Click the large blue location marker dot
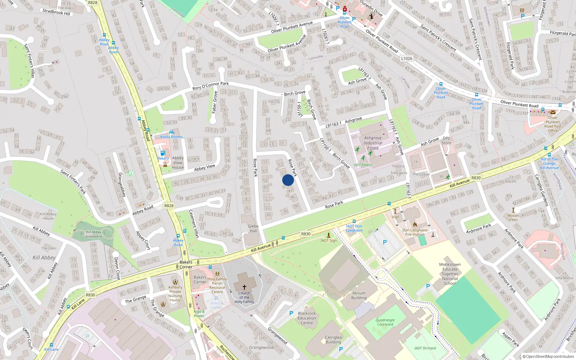coord(288,180)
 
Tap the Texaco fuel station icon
coord(163,153)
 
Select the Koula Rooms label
coord(171,137)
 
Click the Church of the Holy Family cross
coord(244,287)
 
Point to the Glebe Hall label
coord(253,229)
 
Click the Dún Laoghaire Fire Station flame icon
coord(415,225)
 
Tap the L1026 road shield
coord(406,58)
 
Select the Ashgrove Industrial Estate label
coord(373,143)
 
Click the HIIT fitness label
coord(363,165)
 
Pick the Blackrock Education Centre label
coord(307,318)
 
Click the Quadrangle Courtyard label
coord(385,322)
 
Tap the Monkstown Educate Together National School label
coord(450,274)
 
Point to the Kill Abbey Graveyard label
coord(94,234)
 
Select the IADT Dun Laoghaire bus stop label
coord(354,228)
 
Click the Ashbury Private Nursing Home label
coord(175,294)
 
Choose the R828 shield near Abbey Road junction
coord(169,206)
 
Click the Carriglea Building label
coord(333,339)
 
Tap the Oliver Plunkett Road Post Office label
coord(553,124)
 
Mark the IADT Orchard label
coord(425,348)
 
